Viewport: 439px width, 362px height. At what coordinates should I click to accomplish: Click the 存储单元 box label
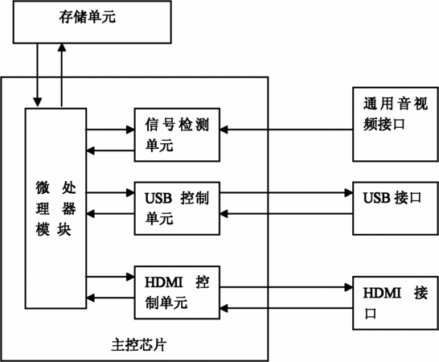pyautogui.click(x=87, y=17)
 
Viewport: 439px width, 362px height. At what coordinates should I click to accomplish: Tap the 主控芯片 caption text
pyautogui.click(x=139, y=345)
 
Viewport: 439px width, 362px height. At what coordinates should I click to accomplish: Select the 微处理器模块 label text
pyautogui.click(x=55, y=208)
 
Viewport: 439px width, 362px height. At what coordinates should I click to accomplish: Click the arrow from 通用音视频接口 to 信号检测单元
pyautogui.click(x=286, y=130)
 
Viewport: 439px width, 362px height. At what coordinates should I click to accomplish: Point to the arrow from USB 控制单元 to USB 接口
pyautogui.click(x=286, y=193)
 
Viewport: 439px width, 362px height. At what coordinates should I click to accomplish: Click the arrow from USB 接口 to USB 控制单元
pyautogui.click(x=286, y=214)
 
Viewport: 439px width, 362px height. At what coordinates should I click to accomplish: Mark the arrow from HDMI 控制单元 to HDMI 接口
pyautogui.click(x=286, y=287)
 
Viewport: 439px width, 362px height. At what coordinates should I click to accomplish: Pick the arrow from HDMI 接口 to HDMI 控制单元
pyautogui.click(x=286, y=308)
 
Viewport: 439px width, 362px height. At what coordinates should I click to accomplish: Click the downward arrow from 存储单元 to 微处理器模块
pyautogui.click(x=38, y=75)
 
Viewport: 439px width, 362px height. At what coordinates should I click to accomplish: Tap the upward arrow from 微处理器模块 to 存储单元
pyautogui.click(x=62, y=75)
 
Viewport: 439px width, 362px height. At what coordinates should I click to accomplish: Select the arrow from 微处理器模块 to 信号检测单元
pyautogui.click(x=110, y=130)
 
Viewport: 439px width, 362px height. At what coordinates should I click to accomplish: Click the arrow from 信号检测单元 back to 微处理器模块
pyautogui.click(x=110, y=150)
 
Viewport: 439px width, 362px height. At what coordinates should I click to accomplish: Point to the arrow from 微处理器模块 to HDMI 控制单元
pyautogui.click(x=110, y=277)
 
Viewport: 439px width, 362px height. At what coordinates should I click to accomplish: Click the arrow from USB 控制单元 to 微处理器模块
pyautogui.click(x=110, y=214)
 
